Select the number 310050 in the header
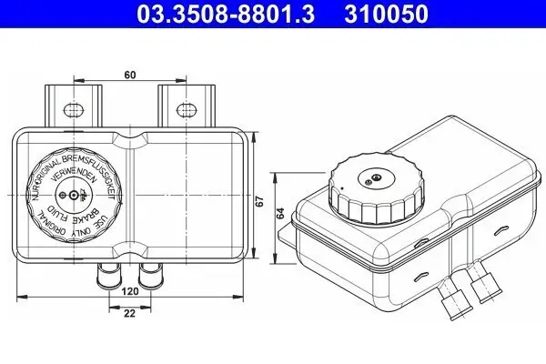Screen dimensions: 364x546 tap(382, 14)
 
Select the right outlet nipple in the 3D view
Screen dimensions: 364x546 tap(480, 292)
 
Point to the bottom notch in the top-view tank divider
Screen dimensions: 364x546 tap(135, 254)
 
